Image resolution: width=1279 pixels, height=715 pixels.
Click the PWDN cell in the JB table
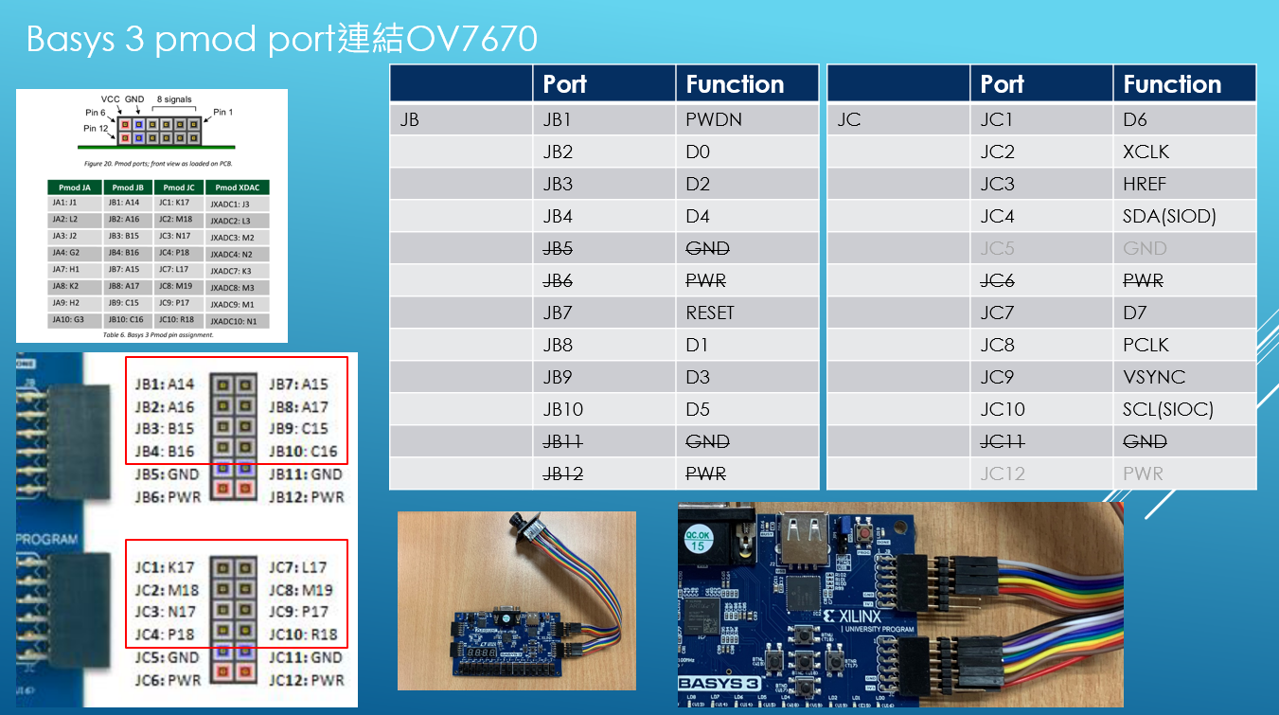[714, 120]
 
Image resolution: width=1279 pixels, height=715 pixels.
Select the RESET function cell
[710, 313]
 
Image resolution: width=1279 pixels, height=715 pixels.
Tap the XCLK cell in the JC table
[1146, 152]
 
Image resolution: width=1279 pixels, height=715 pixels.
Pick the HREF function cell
[1145, 184]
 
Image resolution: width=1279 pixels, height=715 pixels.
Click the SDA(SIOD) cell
[1169, 216]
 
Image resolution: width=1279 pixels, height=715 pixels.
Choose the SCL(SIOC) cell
[1168, 409]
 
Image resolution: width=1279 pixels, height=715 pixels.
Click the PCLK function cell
[1146, 345]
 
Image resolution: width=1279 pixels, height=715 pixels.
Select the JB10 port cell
[563, 409]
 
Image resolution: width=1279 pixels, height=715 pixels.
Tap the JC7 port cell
[997, 313]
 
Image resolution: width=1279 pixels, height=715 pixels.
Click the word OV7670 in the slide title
[471, 39]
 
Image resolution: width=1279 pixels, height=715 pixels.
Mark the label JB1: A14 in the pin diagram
[166, 384]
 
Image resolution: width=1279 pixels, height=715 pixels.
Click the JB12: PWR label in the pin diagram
[306, 496]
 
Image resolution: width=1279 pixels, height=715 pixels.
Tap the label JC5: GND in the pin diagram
[167, 657]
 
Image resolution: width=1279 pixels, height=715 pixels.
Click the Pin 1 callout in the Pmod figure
[222, 112]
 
